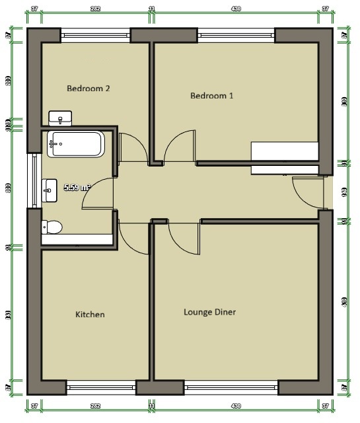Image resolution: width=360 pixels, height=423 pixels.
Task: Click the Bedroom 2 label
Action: tap(89, 87)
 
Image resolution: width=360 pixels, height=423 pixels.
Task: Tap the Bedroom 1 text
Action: tap(211, 96)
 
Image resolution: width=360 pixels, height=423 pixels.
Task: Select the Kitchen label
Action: tap(90, 315)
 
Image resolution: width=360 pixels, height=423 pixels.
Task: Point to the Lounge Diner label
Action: tap(209, 312)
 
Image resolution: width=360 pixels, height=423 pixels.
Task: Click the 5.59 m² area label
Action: tap(76, 188)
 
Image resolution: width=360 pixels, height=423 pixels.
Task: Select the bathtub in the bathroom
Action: tap(75, 143)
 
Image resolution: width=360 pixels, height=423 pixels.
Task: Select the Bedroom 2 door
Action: tap(133, 147)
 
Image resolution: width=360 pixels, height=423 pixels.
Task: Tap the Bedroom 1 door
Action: tap(179, 146)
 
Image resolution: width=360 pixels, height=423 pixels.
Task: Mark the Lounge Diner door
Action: tap(184, 237)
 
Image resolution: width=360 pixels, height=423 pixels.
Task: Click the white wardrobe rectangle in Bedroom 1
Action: tap(284, 157)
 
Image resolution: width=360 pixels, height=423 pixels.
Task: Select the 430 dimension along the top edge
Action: tap(236, 9)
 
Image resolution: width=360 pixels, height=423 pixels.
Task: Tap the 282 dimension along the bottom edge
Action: tap(95, 405)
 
